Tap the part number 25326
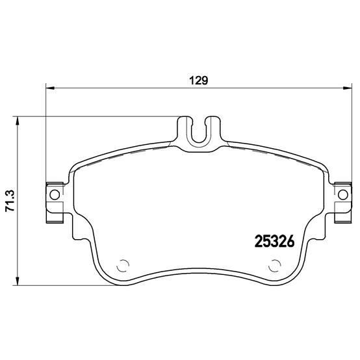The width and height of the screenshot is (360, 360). tap(273, 240)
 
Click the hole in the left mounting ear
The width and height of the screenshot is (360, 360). tap(54, 194)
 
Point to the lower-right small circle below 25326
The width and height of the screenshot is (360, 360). tap(275, 265)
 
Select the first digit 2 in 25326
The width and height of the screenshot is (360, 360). tap(255, 240)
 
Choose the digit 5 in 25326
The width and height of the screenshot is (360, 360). tap(264, 240)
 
